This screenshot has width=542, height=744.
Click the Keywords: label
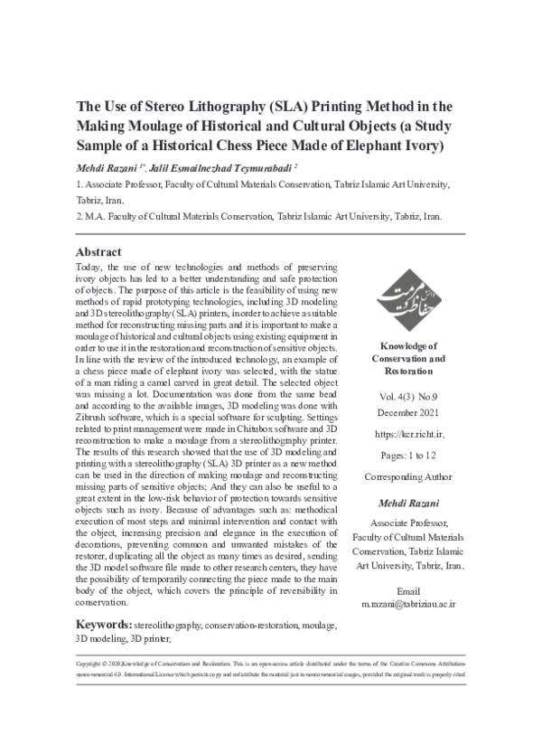[104, 625]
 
